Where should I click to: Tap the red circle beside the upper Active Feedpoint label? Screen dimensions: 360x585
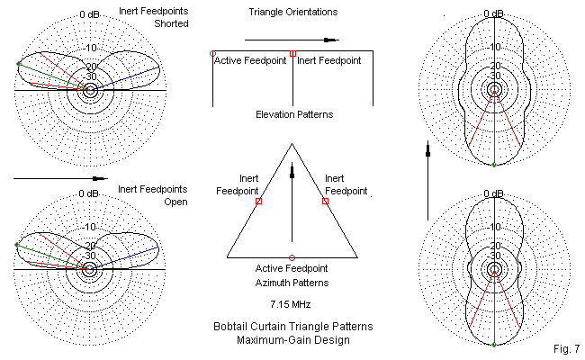pos(212,54)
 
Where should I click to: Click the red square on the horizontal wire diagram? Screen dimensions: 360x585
pos(293,54)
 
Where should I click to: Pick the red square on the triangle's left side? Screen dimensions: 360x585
pos(258,202)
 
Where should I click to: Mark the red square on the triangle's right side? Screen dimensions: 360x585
pos(325,202)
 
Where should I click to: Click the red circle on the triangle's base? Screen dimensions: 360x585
pos(292,257)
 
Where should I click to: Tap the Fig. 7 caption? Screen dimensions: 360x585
pos(564,347)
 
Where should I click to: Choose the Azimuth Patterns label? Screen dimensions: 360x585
pos(292,282)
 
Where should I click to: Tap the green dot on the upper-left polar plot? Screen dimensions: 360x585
pos(19,64)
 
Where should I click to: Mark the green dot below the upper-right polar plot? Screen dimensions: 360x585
pos(495,166)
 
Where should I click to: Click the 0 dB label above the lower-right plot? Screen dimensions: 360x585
pos(495,193)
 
